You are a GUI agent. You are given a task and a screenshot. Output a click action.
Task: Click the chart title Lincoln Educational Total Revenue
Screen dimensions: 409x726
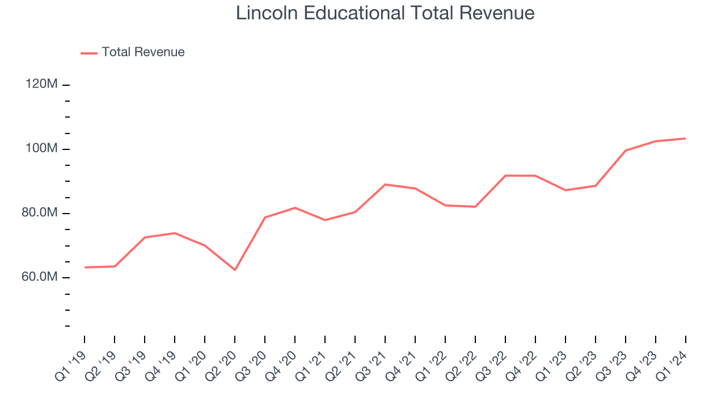tap(385, 13)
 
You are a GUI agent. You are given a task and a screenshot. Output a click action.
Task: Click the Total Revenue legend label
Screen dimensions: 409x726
tap(143, 52)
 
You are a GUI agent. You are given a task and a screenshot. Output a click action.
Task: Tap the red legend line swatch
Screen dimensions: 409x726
tap(89, 53)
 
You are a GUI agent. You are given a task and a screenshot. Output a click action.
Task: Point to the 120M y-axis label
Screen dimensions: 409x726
tap(41, 84)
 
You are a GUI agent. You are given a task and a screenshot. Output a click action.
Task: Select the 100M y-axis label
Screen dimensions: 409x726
tap(41, 148)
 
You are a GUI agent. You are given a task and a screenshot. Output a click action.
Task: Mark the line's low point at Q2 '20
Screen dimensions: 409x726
tap(235, 270)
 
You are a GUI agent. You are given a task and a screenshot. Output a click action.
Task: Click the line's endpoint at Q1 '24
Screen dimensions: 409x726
tap(686, 138)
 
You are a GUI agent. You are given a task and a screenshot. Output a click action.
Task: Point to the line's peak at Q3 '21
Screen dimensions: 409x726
tap(385, 185)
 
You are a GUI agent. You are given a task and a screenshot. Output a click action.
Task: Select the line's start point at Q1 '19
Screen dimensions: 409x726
tap(85, 267)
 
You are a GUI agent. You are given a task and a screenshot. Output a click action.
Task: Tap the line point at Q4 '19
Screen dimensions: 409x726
tap(175, 233)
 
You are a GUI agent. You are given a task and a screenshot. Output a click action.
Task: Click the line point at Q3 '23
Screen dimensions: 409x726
tap(626, 151)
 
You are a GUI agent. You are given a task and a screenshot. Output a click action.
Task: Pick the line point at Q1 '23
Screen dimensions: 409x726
tap(565, 190)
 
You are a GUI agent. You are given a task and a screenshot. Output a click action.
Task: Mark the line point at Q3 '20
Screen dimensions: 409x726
tap(265, 218)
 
